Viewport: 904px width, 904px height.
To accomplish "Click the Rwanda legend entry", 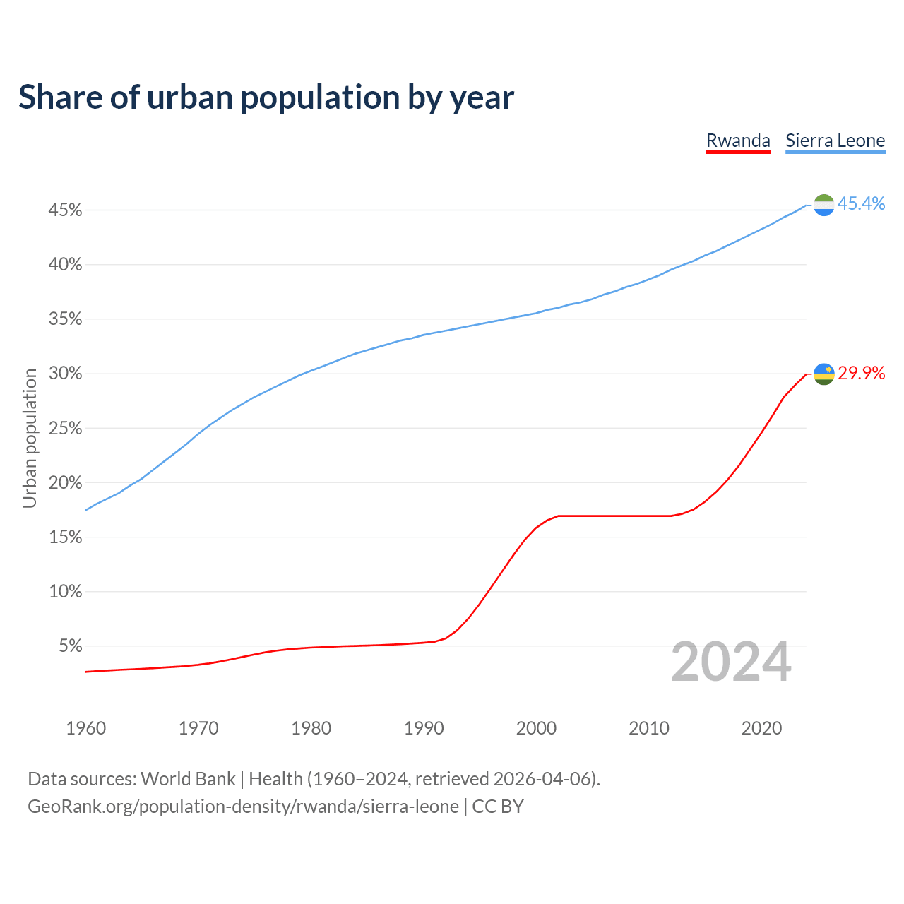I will tap(738, 141).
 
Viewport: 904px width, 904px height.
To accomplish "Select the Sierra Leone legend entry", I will tap(835, 141).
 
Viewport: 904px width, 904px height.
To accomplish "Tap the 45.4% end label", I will tap(861, 203).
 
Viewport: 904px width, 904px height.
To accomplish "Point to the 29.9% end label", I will tap(861, 373).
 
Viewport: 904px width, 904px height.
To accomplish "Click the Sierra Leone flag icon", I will tap(823, 205).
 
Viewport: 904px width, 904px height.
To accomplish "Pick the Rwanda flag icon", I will tap(823, 374).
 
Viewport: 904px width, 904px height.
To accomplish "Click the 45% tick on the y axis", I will tap(65, 210).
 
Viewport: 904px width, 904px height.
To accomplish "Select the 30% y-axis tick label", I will tap(65, 374).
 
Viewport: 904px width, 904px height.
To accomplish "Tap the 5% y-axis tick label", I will tap(70, 646).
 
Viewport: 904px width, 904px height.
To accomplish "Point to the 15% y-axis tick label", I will tap(65, 537).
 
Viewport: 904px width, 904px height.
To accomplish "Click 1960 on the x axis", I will tap(85, 728).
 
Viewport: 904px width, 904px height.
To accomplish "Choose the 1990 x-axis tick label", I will tap(424, 728).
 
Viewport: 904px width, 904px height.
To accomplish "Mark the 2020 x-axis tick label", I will tap(761, 728).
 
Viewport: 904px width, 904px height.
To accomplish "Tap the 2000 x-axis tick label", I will tap(536, 728).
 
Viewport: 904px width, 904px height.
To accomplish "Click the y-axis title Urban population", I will tap(30, 438).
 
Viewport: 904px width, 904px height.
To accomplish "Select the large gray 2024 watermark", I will tap(731, 662).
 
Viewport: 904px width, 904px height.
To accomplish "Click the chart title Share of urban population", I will tap(266, 97).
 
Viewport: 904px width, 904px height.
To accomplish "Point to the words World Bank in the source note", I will tap(188, 779).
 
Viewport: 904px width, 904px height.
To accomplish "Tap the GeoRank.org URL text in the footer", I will tap(243, 807).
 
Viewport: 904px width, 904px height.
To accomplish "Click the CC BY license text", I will tap(498, 807).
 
